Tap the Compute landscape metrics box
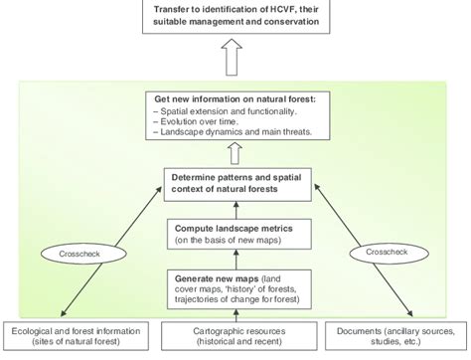coord(235,233)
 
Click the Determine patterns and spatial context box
coord(235,183)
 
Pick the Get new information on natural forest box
coord(235,115)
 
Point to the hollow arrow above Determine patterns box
coord(235,151)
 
